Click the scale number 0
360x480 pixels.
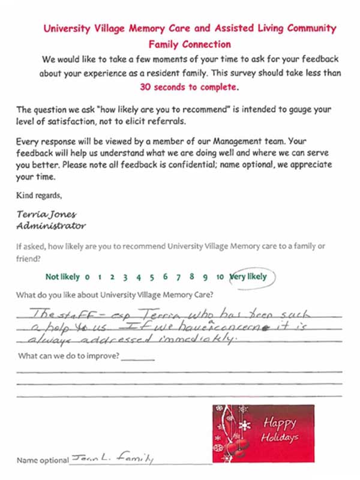pos(87,277)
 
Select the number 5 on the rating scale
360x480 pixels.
pos(152,277)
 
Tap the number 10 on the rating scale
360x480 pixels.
pos(220,277)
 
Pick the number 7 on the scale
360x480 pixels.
pos(178,277)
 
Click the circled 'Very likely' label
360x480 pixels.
pos(248,277)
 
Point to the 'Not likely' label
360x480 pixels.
pos(62,277)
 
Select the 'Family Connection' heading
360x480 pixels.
pos(190,44)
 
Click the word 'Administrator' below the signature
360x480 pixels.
pos(50,226)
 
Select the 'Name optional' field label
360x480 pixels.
pos(43,460)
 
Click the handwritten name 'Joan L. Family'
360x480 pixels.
pos(110,459)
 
